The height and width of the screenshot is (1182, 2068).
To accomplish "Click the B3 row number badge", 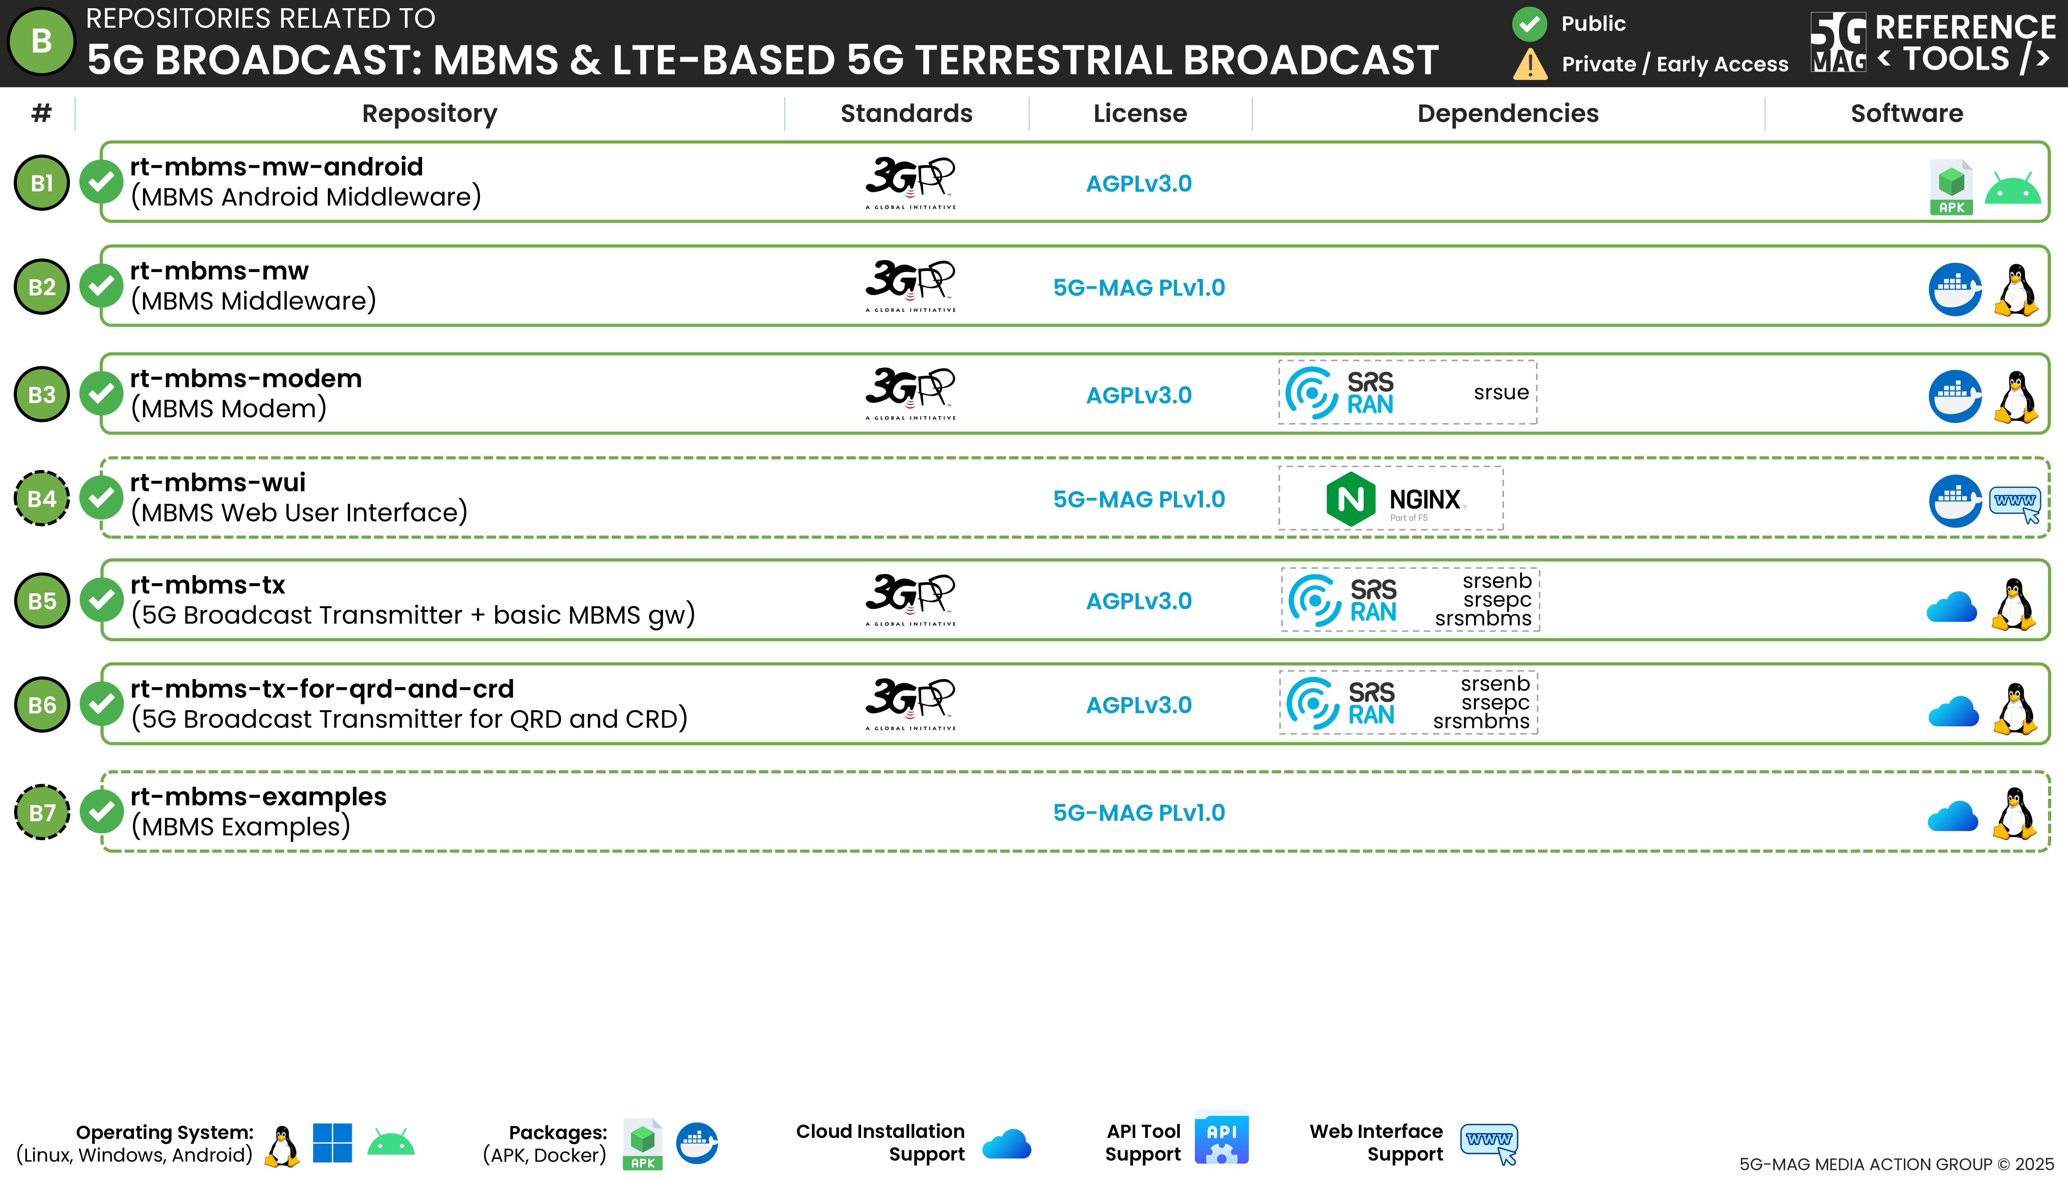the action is click(x=42, y=394).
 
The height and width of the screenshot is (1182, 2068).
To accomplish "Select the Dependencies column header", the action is click(x=1508, y=114).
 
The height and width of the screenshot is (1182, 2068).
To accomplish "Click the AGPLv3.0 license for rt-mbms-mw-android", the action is click(x=1139, y=183).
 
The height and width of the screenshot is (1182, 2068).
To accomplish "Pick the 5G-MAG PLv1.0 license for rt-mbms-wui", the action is click(x=1139, y=499).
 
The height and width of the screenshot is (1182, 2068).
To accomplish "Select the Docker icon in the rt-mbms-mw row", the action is click(x=1955, y=289).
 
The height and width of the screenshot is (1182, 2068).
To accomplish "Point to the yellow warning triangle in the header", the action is click(x=1530, y=64).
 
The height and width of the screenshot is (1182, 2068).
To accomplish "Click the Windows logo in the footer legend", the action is click(x=332, y=1143).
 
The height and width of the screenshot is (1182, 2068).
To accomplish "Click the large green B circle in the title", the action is click(x=41, y=41).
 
